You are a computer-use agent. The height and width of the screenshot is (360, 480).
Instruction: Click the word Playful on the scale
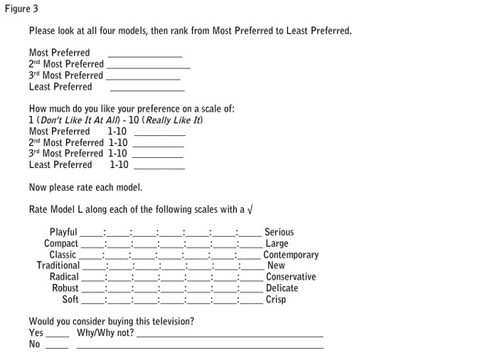coord(63,232)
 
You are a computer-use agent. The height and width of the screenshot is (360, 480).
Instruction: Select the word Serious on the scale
coord(279,232)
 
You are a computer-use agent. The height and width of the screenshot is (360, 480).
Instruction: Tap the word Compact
coord(60,243)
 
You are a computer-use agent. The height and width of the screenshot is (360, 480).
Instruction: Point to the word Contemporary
coord(291,255)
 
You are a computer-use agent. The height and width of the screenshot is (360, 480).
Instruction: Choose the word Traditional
coord(58,265)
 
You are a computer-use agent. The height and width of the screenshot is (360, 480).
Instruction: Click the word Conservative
coord(291,277)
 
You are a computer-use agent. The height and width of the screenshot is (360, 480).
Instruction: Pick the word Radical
coord(64,277)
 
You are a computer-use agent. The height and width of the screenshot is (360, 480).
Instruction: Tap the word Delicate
coord(282,288)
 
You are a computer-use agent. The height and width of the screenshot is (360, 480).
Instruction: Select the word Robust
coord(65,288)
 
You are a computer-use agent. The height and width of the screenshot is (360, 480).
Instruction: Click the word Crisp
coord(276,300)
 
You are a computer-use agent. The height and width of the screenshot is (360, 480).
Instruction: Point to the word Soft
coord(70,300)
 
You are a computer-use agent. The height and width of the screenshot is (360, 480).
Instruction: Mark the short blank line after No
coord(57,347)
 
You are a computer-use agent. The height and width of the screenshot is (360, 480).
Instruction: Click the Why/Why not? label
coord(105,332)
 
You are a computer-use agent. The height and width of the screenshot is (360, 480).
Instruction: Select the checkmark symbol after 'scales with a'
coord(248,209)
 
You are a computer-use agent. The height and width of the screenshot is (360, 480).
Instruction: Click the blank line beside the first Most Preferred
coord(145,55)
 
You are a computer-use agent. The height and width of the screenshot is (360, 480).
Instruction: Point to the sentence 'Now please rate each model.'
coord(85,187)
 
